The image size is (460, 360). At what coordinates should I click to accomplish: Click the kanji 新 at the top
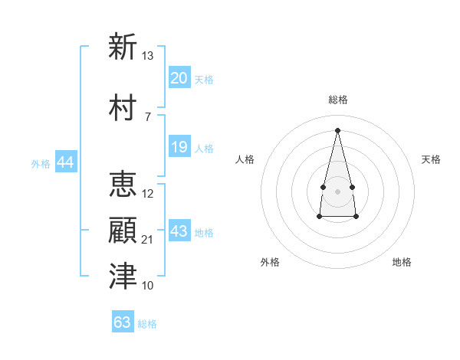123,46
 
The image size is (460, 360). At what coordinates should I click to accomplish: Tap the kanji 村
123,107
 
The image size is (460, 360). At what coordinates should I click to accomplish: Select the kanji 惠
123,184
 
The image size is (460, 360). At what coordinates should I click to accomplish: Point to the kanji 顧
123,230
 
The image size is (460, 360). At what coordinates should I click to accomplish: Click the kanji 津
123,276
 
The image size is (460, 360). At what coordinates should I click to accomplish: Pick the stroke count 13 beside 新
147,56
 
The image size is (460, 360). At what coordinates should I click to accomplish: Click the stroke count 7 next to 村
148,117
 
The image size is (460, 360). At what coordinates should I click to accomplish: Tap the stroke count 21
146,240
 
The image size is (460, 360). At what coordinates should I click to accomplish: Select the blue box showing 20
179,77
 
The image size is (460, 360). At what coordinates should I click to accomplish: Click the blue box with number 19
179,146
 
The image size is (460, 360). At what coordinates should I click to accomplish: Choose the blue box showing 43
179,230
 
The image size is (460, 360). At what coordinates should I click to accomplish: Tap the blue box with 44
66,162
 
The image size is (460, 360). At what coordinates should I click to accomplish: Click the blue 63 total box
123,321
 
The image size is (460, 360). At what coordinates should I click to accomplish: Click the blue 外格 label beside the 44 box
41,164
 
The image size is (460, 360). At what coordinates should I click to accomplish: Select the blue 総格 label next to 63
147,324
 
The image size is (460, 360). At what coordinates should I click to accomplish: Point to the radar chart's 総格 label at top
338,100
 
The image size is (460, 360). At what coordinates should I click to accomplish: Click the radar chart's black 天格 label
431,159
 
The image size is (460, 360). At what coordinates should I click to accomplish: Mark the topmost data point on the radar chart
337,130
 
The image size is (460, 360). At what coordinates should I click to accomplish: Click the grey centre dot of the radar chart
337,191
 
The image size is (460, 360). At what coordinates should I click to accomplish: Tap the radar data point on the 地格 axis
356,216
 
